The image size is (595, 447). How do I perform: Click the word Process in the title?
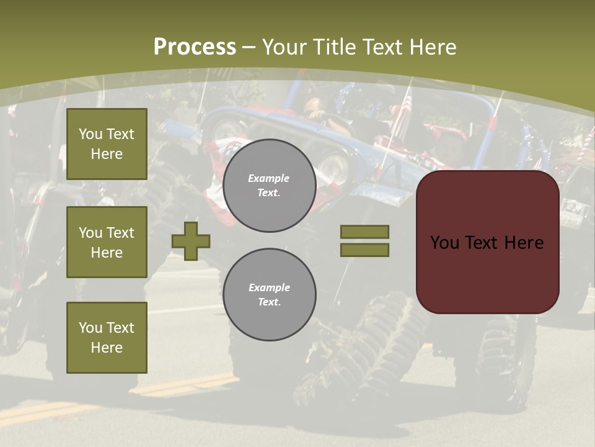[195, 47]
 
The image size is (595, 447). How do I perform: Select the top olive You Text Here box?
[107, 144]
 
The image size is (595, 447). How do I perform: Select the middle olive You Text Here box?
[107, 242]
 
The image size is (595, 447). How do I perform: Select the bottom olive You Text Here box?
[107, 338]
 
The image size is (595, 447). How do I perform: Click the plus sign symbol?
[191, 241]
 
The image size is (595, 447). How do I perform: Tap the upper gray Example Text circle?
[269, 186]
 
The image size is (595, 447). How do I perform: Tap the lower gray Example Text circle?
[269, 295]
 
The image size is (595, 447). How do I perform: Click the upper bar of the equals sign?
[364, 232]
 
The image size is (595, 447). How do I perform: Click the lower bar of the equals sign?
[364, 250]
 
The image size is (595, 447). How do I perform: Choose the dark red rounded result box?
[487, 273]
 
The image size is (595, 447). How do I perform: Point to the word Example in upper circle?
[269, 178]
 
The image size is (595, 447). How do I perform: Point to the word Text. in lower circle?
[269, 302]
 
